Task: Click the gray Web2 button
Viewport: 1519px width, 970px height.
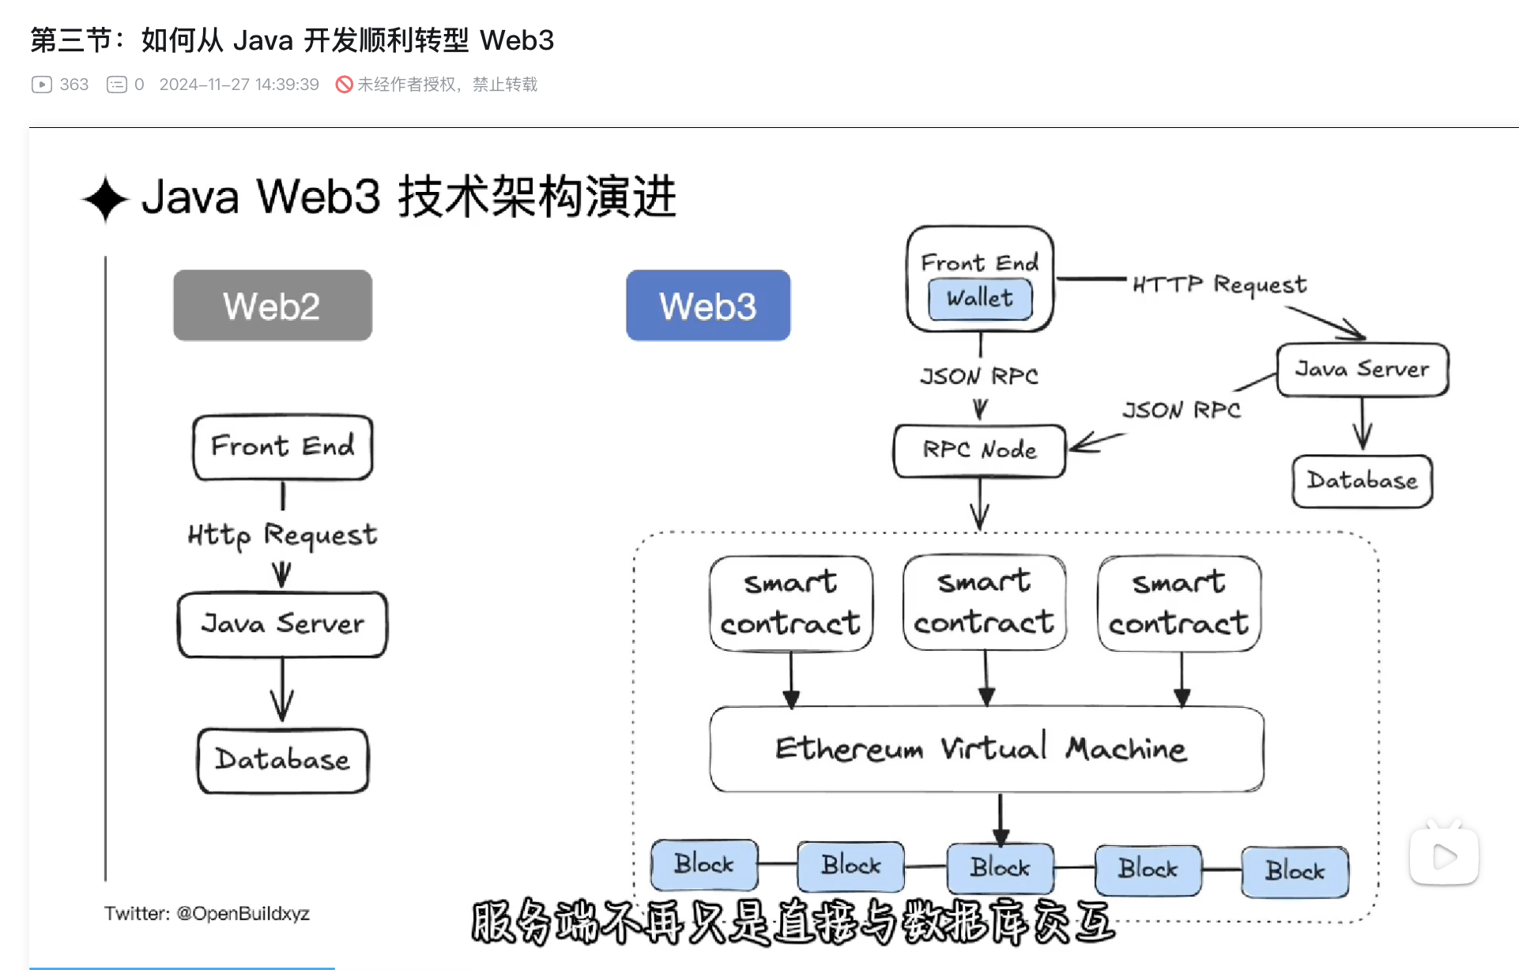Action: click(x=273, y=306)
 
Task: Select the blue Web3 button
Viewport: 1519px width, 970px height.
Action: click(x=708, y=306)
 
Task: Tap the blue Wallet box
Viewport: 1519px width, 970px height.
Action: click(x=980, y=299)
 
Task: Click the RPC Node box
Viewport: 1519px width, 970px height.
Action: click(x=979, y=450)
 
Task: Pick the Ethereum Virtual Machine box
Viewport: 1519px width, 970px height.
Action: click(x=986, y=748)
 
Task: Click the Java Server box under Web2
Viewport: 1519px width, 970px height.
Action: click(x=283, y=624)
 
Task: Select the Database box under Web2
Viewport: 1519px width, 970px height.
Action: click(x=283, y=760)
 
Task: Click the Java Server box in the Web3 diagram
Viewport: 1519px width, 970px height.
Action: click(x=1363, y=369)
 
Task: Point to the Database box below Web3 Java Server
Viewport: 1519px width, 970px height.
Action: click(x=1363, y=480)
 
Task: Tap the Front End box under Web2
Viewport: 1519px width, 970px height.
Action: click(x=283, y=446)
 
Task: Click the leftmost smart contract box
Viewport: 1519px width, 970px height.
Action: click(x=791, y=603)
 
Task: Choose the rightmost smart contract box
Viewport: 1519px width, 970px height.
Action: click(x=1179, y=603)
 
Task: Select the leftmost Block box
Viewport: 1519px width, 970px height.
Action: click(x=704, y=864)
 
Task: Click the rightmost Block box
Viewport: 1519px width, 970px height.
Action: click(x=1295, y=871)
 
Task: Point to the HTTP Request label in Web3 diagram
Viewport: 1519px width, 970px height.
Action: click(x=1219, y=284)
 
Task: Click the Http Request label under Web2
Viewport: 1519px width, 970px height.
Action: click(x=283, y=536)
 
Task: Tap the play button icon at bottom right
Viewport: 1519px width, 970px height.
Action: click(x=1444, y=856)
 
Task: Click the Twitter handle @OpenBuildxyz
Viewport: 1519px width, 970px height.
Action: click(x=243, y=914)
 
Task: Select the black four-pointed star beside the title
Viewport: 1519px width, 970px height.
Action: click(x=105, y=199)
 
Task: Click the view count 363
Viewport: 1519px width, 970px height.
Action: click(x=73, y=85)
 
